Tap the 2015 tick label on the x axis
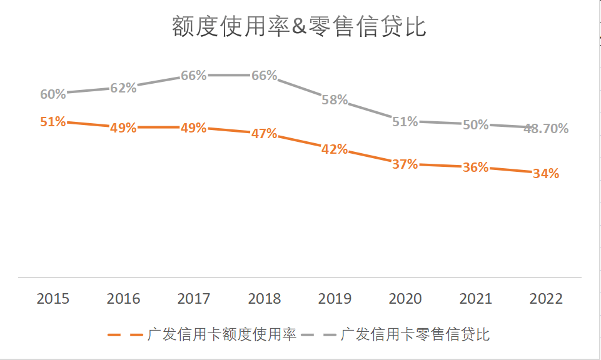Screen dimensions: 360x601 tap(53, 299)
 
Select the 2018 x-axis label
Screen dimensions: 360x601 tap(265, 299)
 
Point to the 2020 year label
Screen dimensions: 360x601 tap(405, 299)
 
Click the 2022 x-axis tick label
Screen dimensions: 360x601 tap(546, 299)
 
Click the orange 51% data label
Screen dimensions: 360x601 tap(53, 122)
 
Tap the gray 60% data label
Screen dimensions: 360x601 tap(53, 94)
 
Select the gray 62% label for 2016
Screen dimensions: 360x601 tap(123, 88)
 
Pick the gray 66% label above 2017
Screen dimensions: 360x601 tap(194, 76)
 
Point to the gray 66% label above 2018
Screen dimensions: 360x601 tap(264, 76)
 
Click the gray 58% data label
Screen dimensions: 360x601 tap(335, 100)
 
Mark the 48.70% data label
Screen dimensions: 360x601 tap(546, 129)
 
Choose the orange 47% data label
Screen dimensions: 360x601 tap(264, 134)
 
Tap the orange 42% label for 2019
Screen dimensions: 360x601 tap(335, 149)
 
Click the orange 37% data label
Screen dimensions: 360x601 tap(405, 164)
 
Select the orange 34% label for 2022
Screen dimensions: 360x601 tap(546, 174)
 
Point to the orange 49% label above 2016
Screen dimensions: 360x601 tap(123, 128)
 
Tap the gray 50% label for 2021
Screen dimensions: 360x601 tap(475, 125)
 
